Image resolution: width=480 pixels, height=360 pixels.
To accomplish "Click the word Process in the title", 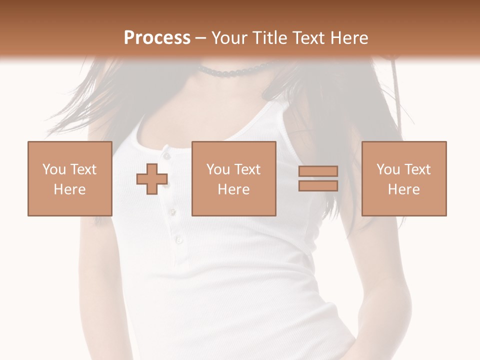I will (x=157, y=38).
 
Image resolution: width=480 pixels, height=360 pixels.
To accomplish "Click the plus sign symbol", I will (x=152, y=179).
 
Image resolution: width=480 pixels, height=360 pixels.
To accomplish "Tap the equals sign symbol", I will (x=318, y=178).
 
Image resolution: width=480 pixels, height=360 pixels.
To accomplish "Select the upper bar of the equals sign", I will (x=318, y=171).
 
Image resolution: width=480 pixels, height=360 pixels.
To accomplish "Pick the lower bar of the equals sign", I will (x=318, y=185).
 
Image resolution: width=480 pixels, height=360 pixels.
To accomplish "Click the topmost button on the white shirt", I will (x=165, y=149).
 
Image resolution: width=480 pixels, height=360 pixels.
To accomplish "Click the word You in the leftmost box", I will (x=53, y=169).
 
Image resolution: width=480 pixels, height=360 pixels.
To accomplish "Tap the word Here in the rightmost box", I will (x=404, y=189).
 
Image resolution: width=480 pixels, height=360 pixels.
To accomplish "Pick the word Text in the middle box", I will (x=247, y=169).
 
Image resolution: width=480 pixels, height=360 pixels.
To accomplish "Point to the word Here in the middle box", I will (x=234, y=189).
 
